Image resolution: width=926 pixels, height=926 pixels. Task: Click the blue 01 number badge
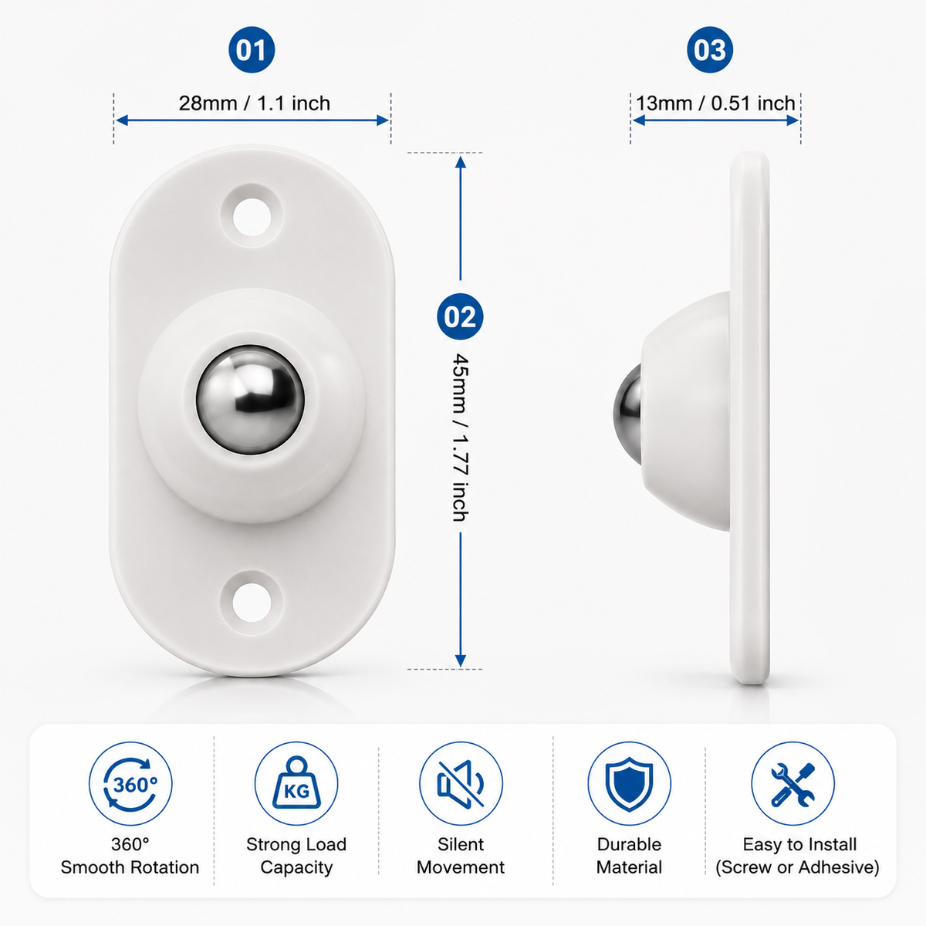point(252,50)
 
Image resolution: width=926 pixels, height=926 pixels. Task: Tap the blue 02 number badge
point(460,316)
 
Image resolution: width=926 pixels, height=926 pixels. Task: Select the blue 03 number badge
point(710,50)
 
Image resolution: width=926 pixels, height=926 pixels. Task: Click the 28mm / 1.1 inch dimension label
point(254,103)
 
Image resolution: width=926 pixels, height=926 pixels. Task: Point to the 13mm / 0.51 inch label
point(715,103)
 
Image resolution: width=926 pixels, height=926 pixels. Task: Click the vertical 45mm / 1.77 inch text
point(461,438)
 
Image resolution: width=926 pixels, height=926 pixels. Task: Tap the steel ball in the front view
point(250,400)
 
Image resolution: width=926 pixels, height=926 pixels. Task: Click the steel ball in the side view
point(628,414)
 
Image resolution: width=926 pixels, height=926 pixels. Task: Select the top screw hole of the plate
point(252,217)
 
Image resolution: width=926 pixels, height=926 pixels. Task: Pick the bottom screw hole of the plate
point(252,602)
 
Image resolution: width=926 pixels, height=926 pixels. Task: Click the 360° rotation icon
point(130,784)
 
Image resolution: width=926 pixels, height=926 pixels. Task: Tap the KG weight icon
point(296,784)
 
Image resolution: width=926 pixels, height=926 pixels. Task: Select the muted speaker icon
point(461,784)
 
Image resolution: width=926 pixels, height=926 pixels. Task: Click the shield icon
point(629,784)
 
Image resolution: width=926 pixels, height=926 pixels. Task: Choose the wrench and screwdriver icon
point(793,784)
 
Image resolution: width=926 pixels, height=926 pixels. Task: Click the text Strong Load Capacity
point(296,856)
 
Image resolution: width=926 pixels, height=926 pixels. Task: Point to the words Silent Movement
point(461,856)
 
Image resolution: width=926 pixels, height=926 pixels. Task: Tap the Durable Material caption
point(629,856)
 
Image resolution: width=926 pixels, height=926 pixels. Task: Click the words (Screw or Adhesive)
point(797,867)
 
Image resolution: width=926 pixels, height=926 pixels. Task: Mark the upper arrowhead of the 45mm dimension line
point(461,161)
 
